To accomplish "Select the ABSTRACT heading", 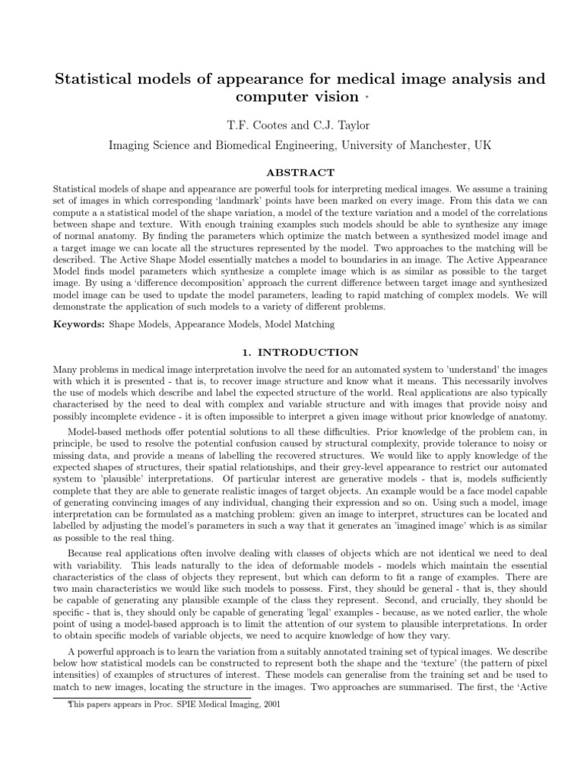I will tap(291, 173).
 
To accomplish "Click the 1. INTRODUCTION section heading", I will tap(291, 352).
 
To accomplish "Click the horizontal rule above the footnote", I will tap(152, 697).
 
